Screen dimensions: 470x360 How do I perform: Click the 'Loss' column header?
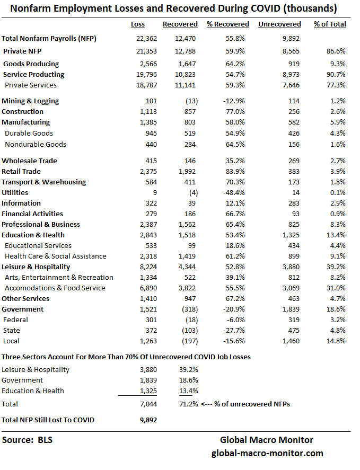pos(137,24)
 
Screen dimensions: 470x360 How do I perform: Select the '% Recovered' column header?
pos(227,24)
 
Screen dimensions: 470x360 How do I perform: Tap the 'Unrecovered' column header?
pos(279,24)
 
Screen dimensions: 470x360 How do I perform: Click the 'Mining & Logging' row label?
pos(30,101)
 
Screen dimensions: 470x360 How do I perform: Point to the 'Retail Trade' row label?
pos(21,172)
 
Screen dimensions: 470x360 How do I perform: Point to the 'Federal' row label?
pos(16,320)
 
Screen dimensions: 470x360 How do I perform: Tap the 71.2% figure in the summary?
pos(188,404)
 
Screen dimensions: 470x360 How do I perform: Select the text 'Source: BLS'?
pos(28,440)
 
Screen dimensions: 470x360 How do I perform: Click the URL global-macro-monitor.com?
pos(267,454)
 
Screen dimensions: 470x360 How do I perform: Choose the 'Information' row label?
pos(21,203)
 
